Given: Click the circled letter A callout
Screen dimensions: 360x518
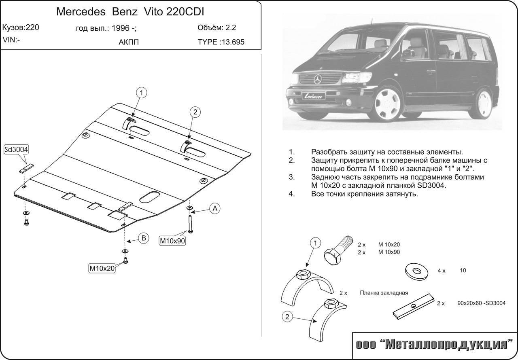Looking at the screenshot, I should click(214, 208).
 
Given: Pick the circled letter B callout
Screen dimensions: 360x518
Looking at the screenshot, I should click(143, 238).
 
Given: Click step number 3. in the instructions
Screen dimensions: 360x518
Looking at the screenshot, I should click(291, 177).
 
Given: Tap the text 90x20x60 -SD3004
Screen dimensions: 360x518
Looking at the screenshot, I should click(482, 303).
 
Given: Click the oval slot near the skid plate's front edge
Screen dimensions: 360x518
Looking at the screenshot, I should click(150, 197).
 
